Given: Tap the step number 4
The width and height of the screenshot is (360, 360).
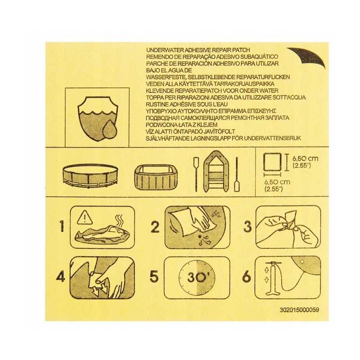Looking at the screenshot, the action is point(61,276).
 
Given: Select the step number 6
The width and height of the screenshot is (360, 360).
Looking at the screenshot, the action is point(247,276).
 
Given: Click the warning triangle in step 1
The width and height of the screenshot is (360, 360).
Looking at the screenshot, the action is point(85,218).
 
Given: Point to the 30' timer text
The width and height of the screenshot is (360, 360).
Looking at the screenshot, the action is point(197,277).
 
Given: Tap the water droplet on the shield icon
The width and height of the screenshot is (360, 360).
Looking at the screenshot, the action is point(110,129).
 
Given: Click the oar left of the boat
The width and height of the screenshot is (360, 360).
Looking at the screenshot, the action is point(196,174).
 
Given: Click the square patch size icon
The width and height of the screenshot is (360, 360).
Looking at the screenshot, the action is point(272,162).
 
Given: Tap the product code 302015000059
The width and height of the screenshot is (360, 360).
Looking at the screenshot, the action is point(299,310).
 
